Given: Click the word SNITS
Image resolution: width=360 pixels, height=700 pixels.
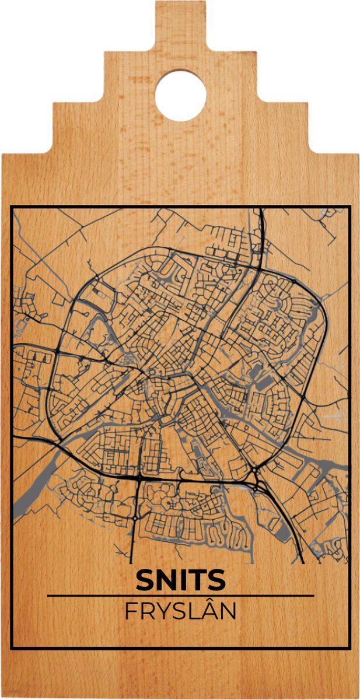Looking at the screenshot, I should pyautogui.click(x=180, y=580).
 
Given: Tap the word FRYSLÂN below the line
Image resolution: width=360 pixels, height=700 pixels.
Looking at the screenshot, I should pyautogui.click(x=180, y=612).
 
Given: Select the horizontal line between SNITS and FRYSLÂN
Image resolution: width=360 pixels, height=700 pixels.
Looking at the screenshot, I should pyautogui.click(x=180, y=596).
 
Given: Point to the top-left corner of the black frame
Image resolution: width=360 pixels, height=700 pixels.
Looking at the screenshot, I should pyautogui.click(x=12, y=207).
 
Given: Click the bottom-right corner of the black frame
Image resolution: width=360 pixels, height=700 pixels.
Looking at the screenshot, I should pyautogui.click(x=349, y=648).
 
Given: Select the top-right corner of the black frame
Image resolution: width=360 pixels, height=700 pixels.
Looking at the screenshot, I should pyautogui.click(x=349, y=207).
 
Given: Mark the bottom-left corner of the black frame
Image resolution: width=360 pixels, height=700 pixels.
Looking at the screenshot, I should pyautogui.click(x=12, y=648).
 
